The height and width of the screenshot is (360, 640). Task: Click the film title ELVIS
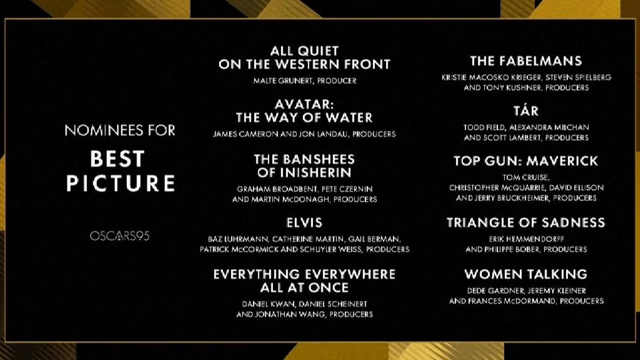pyautogui.click(x=304, y=222)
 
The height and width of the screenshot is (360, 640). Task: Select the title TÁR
pyautogui.click(x=526, y=110)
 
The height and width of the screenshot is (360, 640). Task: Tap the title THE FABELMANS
pyautogui.click(x=526, y=61)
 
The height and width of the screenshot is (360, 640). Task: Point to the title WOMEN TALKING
pyautogui.click(x=526, y=274)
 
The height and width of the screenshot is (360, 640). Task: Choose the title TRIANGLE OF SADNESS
pyautogui.click(x=526, y=222)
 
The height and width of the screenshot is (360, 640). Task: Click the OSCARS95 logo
pyautogui.click(x=120, y=236)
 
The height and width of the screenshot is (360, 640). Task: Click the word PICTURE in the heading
pyautogui.click(x=120, y=183)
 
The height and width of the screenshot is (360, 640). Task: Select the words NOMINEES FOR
pyautogui.click(x=120, y=130)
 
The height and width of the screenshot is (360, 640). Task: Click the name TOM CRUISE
pyautogui.click(x=525, y=178)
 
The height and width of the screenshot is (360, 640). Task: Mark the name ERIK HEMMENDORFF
pyautogui.click(x=526, y=239)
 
